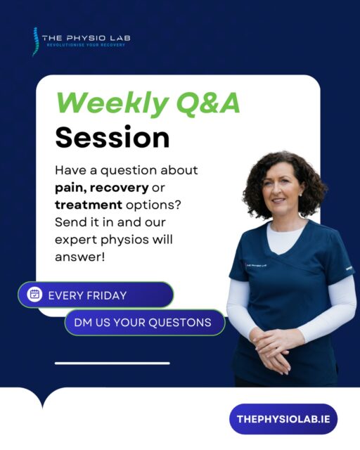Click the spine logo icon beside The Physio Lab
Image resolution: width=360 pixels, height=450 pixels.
(35, 41)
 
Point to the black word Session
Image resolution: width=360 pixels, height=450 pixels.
(112, 137)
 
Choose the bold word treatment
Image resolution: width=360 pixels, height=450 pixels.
(88, 206)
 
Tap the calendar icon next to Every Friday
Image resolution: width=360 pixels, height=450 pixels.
(34, 295)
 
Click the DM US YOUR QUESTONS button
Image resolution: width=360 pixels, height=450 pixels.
(143, 323)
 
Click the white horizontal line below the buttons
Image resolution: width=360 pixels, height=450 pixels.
(112, 364)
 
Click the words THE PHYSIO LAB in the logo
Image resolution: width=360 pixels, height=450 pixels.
(86, 37)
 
